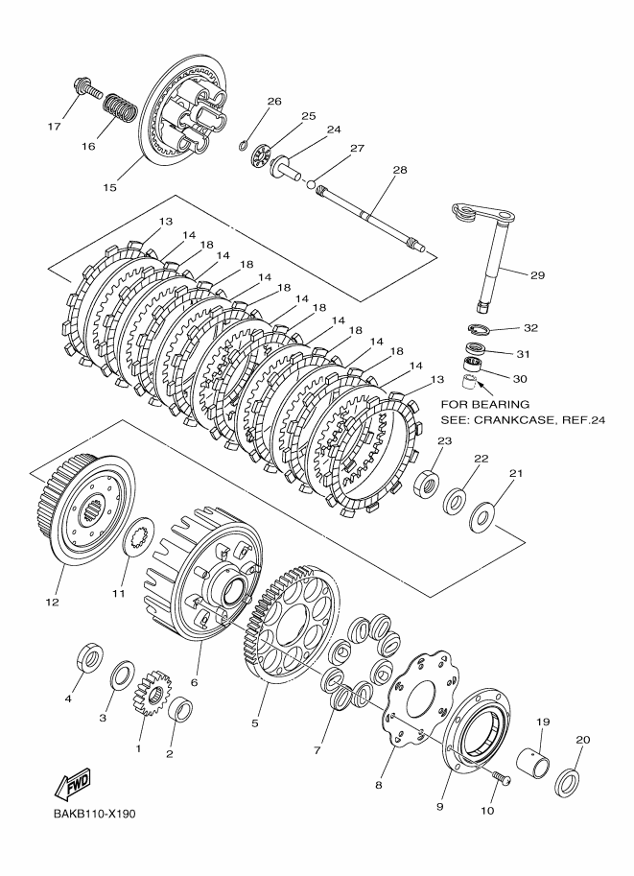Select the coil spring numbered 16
118,108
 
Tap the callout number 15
109,187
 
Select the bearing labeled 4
89,659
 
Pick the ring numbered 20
569,779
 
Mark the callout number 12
52,603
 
